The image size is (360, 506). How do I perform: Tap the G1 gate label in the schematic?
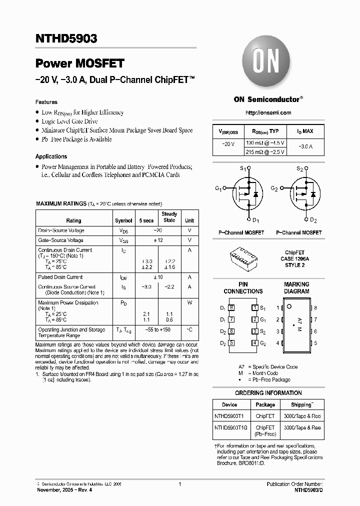218,188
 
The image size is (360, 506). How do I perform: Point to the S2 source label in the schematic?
300,169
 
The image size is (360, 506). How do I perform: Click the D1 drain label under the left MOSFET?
255,220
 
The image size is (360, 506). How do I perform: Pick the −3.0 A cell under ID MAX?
305,147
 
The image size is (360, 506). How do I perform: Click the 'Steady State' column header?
169,217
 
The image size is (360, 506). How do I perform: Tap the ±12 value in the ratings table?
158,240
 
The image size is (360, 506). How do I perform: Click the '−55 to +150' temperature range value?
158,330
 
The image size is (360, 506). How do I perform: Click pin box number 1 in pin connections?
255,308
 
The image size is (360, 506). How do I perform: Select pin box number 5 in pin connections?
231,343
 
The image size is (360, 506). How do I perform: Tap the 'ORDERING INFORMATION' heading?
268,393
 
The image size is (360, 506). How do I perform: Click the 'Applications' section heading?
51,156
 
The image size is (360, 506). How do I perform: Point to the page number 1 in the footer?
179,484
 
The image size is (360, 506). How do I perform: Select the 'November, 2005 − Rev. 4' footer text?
65,490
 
